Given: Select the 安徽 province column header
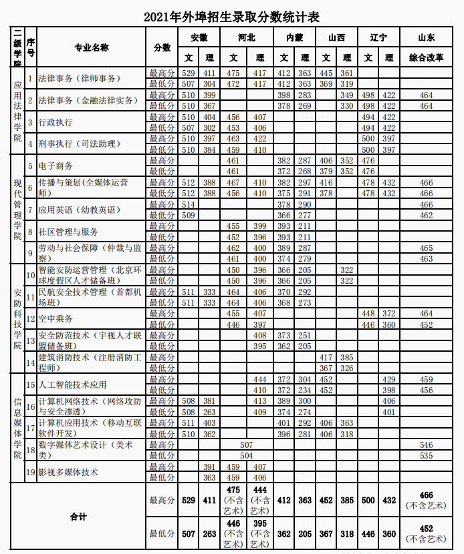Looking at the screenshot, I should [199, 37].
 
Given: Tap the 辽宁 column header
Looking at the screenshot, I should [378, 37].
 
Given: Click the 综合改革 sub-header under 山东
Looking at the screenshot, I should [426, 58].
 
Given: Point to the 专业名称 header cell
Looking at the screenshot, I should [92, 47].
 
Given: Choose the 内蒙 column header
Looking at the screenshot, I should [294, 37].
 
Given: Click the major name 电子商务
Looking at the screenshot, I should [55, 166].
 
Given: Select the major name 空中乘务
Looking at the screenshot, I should [55, 319].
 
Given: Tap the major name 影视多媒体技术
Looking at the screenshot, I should [68, 472].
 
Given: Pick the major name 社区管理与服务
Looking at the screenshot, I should [68, 232].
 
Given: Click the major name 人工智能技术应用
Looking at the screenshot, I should [72, 384].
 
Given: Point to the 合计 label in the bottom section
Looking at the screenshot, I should [78, 517].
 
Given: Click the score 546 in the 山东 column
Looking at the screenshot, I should [426, 445].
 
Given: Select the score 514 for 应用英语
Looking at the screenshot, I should [189, 204].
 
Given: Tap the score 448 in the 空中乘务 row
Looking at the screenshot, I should [368, 314].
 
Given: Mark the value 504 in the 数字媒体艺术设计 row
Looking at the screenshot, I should [247, 455].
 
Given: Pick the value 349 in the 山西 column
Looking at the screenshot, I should [346, 95].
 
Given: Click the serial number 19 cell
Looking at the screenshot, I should [30, 472].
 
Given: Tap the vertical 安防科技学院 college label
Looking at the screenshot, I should [17, 319].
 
